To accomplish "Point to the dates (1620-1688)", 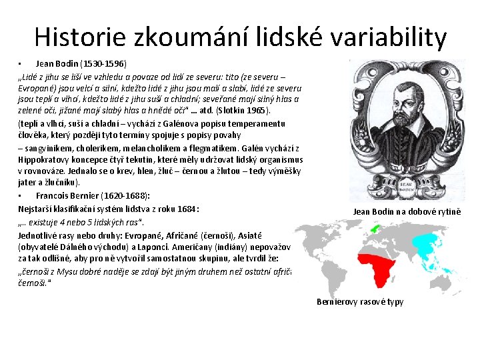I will point(128,195).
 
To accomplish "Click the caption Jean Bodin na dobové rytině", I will point(407,211).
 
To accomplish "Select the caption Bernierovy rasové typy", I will point(360,301).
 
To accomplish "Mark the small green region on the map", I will point(375,228).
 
